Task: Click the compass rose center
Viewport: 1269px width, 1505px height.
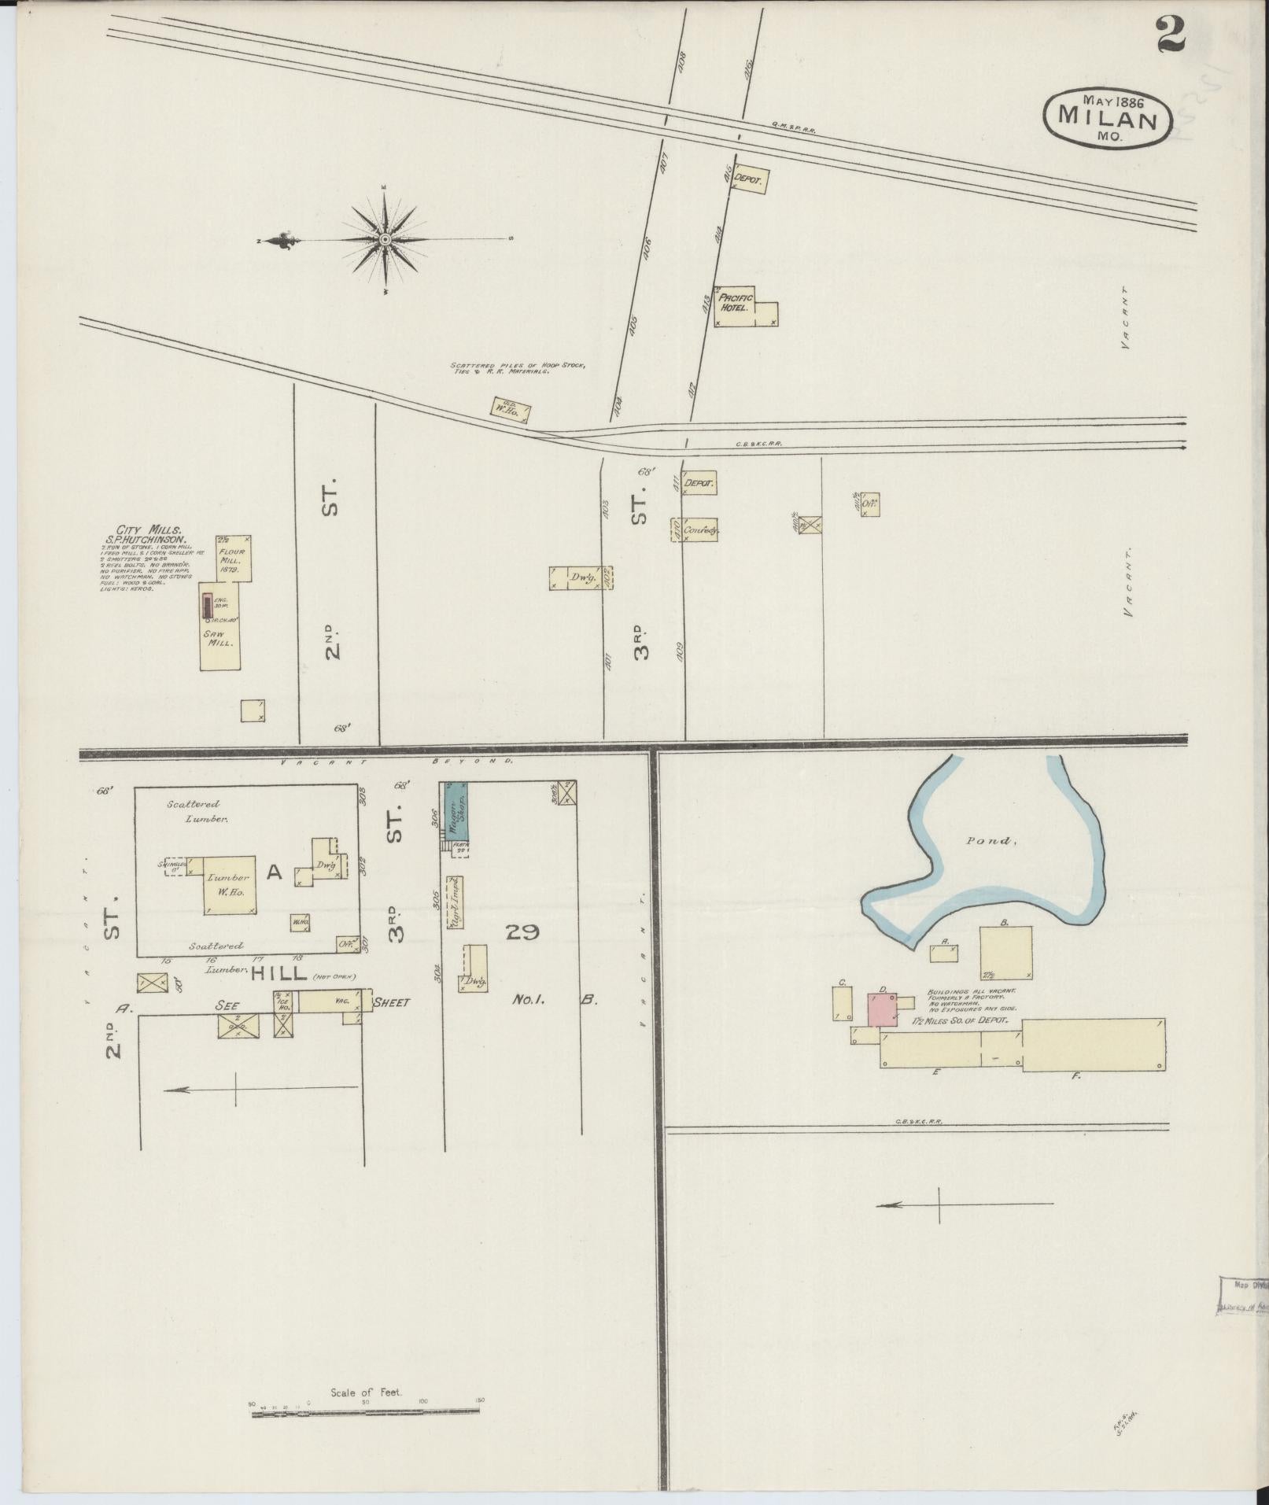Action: click(385, 238)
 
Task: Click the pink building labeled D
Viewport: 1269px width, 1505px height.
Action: click(883, 1009)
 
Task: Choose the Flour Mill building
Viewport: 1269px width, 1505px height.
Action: click(234, 559)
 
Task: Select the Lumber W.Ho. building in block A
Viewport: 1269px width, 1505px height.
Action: click(230, 884)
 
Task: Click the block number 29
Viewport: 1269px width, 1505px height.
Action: click(522, 932)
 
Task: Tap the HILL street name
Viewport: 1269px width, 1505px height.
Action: click(279, 973)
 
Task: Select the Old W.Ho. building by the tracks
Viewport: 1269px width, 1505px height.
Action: click(511, 409)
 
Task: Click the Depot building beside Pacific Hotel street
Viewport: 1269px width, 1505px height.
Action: click(749, 180)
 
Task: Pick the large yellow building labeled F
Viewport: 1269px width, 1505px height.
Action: click(1093, 1044)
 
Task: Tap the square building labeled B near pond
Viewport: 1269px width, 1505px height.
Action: click(1005, 950)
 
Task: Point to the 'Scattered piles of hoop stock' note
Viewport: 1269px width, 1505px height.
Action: click(517, 367)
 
